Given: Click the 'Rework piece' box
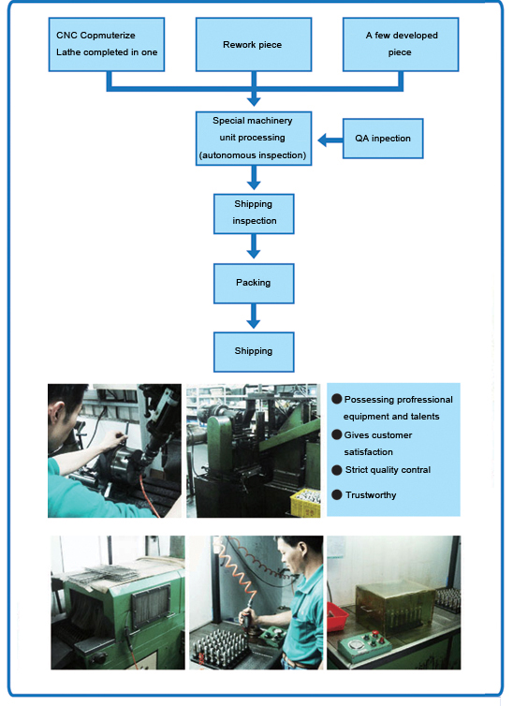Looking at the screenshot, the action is click(254, 45).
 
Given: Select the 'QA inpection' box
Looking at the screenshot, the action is click(383, 139).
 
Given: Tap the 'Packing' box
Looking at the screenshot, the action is click(254, 283).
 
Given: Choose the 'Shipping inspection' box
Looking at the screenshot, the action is click(254, 213).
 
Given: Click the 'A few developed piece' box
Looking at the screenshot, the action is click(401, 45).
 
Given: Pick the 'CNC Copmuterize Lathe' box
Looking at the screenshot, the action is click(107, 45).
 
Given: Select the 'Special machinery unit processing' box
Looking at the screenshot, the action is click(254, 139).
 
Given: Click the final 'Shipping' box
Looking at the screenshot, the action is click(254, 352).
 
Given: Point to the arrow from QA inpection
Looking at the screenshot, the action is click(330, 140).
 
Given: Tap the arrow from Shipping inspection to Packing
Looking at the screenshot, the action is click(254, 246).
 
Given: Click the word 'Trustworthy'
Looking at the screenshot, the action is click(371, 495).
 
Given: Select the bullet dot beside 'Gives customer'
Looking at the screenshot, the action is click(337, 435).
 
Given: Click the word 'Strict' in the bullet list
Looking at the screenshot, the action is click(358, 470).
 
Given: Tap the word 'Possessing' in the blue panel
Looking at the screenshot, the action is click(366, 400).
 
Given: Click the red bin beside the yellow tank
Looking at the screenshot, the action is click(337, 615).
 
